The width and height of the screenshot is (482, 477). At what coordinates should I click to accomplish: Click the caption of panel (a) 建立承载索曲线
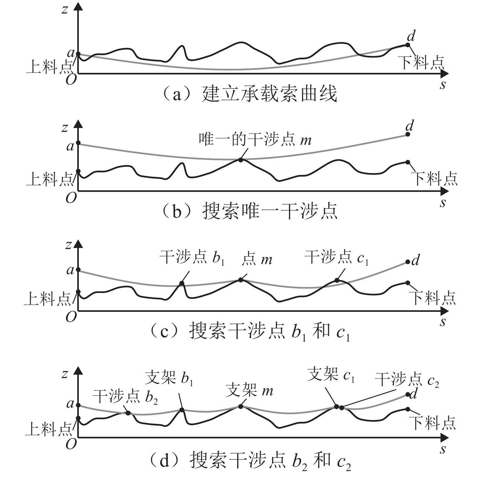click(x=248, y=94)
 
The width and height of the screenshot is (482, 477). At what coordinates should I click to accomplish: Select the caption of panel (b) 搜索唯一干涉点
click(x=248, y=211)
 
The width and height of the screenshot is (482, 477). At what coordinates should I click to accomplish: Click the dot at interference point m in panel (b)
click(x=241, y=160)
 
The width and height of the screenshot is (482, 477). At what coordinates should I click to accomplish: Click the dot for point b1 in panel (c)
click(x=181, y=283)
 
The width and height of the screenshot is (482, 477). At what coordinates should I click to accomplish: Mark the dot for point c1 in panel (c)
click(x=337, y=280)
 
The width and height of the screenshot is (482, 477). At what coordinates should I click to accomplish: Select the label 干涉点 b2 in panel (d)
click(x=125, y=397)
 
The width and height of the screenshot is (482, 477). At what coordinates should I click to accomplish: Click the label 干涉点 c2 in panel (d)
click(x=407, y=380)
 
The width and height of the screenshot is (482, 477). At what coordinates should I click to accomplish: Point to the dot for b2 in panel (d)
click(x=128, y=413)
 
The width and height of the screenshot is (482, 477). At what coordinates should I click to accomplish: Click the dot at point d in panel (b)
click(x=408, y=134)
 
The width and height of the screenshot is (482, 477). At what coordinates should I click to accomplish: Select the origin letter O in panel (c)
click(x=71, y=317)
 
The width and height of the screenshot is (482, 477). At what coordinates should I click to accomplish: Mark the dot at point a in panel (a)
click(x=78, y=54)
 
